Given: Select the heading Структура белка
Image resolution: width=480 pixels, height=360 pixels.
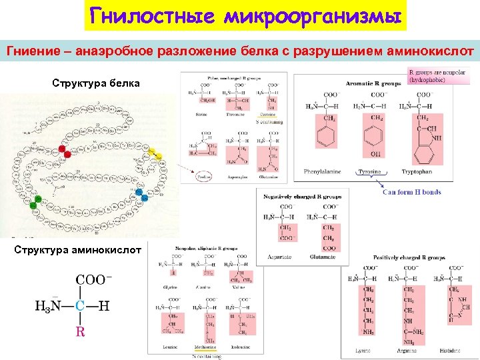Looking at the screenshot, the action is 96,83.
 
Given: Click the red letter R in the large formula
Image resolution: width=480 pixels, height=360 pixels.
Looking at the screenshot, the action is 80,331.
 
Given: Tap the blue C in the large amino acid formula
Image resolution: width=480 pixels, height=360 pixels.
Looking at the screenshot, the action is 79,306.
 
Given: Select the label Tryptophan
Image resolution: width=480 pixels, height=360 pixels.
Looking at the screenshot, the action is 417,172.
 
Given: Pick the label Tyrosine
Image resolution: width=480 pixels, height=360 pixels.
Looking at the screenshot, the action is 370,172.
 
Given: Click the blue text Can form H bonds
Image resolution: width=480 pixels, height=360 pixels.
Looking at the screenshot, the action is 411,193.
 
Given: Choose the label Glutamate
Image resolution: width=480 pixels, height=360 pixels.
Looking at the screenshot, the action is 323,257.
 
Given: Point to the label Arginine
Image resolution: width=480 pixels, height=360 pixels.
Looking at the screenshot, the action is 409,350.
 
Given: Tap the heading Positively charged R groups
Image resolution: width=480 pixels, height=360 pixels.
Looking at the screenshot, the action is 409,257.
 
